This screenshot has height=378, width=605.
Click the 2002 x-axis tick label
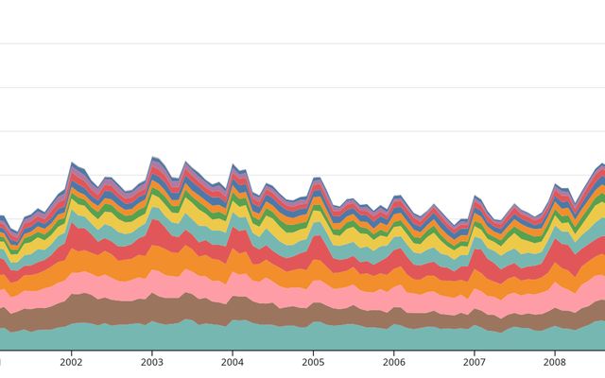(x=72, y=362)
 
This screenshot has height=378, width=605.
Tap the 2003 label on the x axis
(x=152, y=362)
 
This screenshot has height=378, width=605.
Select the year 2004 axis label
(x=233, y=362)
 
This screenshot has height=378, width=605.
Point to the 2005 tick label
(x=313, y=362)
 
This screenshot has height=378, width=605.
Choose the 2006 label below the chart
(x=394, y=362)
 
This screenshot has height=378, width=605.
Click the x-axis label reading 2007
(x=475, y=362)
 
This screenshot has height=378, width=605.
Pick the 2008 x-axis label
(x=555, y=362)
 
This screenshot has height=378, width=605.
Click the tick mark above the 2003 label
(x=152, y=352)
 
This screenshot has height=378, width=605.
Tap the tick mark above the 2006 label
(x=394, y=352)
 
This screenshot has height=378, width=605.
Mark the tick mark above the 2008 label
(x=555, y=352)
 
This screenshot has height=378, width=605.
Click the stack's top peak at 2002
(x=72, y=163)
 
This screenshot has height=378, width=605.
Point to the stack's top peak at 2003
(x=153, y=157)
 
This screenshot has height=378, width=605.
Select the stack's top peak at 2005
(x=315, y=177)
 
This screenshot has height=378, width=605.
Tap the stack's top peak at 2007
(x=475, y=196)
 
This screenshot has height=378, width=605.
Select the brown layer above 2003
(x=152, y=308)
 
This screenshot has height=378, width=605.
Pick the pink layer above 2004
(x=233, y=283)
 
